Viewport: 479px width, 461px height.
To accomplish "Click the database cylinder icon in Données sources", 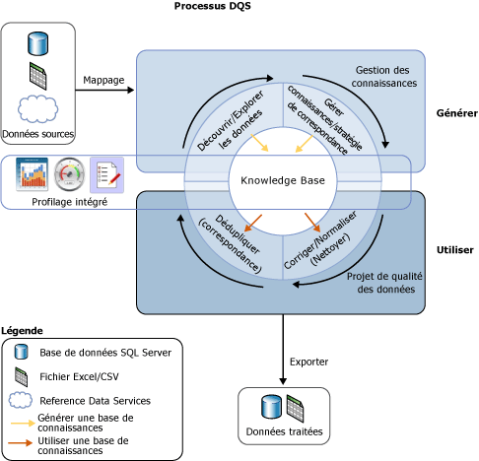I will (37, 44).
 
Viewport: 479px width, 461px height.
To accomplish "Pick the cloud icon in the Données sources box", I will (37, 109).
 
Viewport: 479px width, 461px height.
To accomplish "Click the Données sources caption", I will (37, 133).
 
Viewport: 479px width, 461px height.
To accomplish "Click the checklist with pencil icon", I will (105, 174).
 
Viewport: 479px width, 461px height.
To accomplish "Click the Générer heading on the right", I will (455, 114).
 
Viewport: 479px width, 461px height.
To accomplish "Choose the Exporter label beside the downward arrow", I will (309, 362).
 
